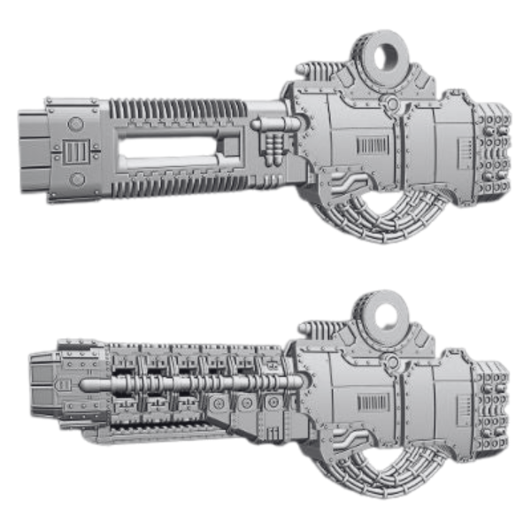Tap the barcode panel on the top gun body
pos(372,146)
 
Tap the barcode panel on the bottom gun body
pos(372,403)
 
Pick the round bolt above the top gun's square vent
pos(76,124)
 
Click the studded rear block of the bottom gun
pos(491,407)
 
